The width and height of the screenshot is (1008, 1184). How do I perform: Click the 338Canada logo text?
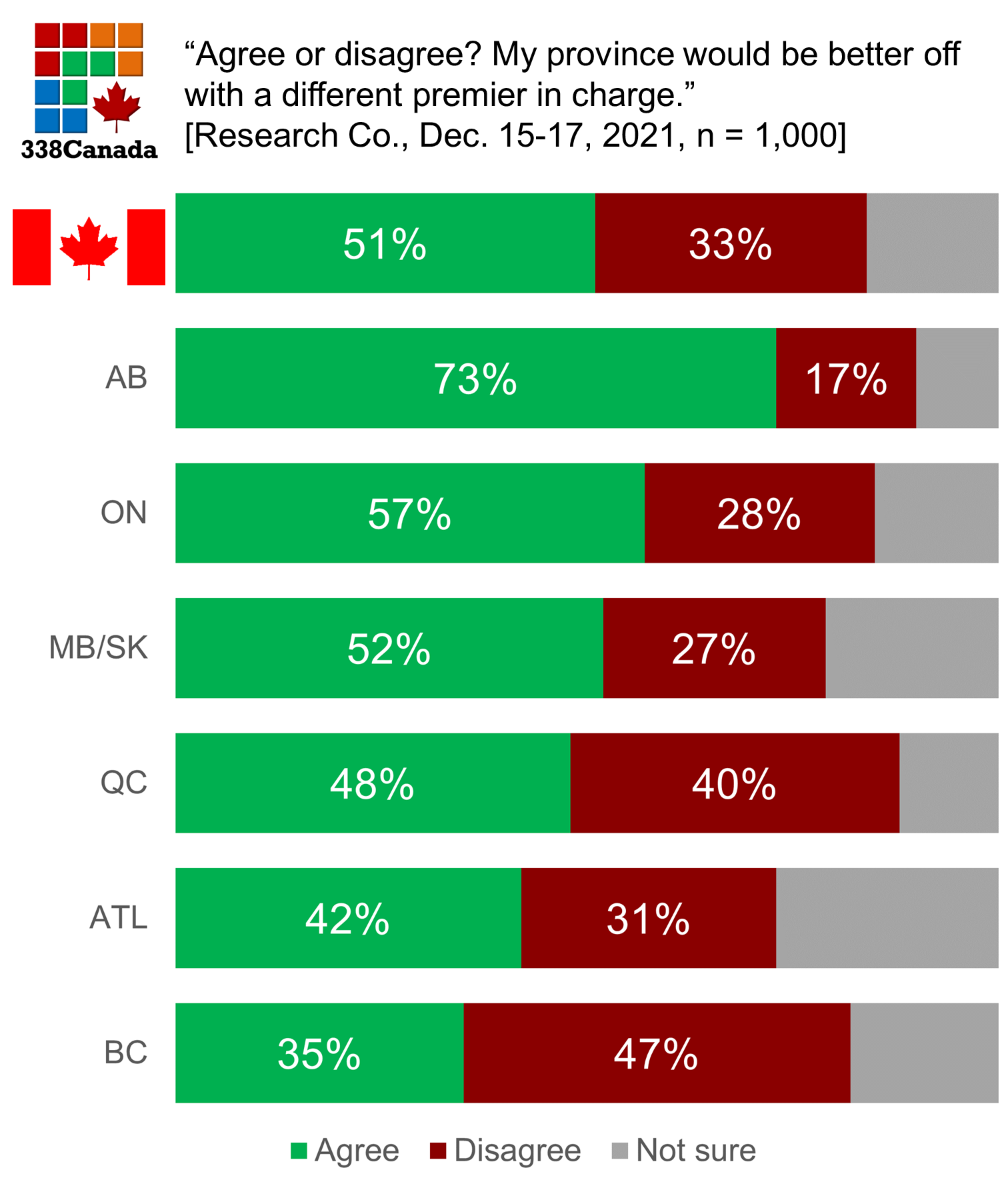click(89, 149)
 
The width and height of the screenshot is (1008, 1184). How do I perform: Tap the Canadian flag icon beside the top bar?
click(89, 247)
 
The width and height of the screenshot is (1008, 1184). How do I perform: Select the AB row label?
click(126, 378)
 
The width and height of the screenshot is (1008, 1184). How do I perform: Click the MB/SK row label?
click(98, 648)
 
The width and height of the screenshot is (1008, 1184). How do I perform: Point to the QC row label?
click(123, 783)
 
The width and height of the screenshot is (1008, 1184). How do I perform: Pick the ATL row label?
click(118, 918)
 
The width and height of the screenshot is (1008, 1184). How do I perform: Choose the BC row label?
click(125, 1053)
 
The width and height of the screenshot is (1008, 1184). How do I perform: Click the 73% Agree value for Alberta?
click(475, 379)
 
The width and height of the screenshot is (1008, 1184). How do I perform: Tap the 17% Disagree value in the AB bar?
click(846, 379)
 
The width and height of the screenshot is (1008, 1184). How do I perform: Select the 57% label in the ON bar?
click(409, 515)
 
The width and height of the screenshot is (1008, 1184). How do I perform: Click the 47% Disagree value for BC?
click(656, 1055)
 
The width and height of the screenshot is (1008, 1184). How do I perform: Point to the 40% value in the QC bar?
click(734, 784)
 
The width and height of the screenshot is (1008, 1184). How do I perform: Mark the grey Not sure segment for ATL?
click(887, 918)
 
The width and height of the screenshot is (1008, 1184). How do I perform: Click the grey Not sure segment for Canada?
click(932, 243)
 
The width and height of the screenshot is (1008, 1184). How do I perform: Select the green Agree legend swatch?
click(299, 1151)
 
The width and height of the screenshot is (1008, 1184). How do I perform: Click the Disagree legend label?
click(517, 1151)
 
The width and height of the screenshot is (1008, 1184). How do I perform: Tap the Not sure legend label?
click(696, 1151)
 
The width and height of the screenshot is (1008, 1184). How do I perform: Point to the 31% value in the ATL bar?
click(648, 919)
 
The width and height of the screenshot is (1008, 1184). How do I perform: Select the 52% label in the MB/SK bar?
click(389, 649)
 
